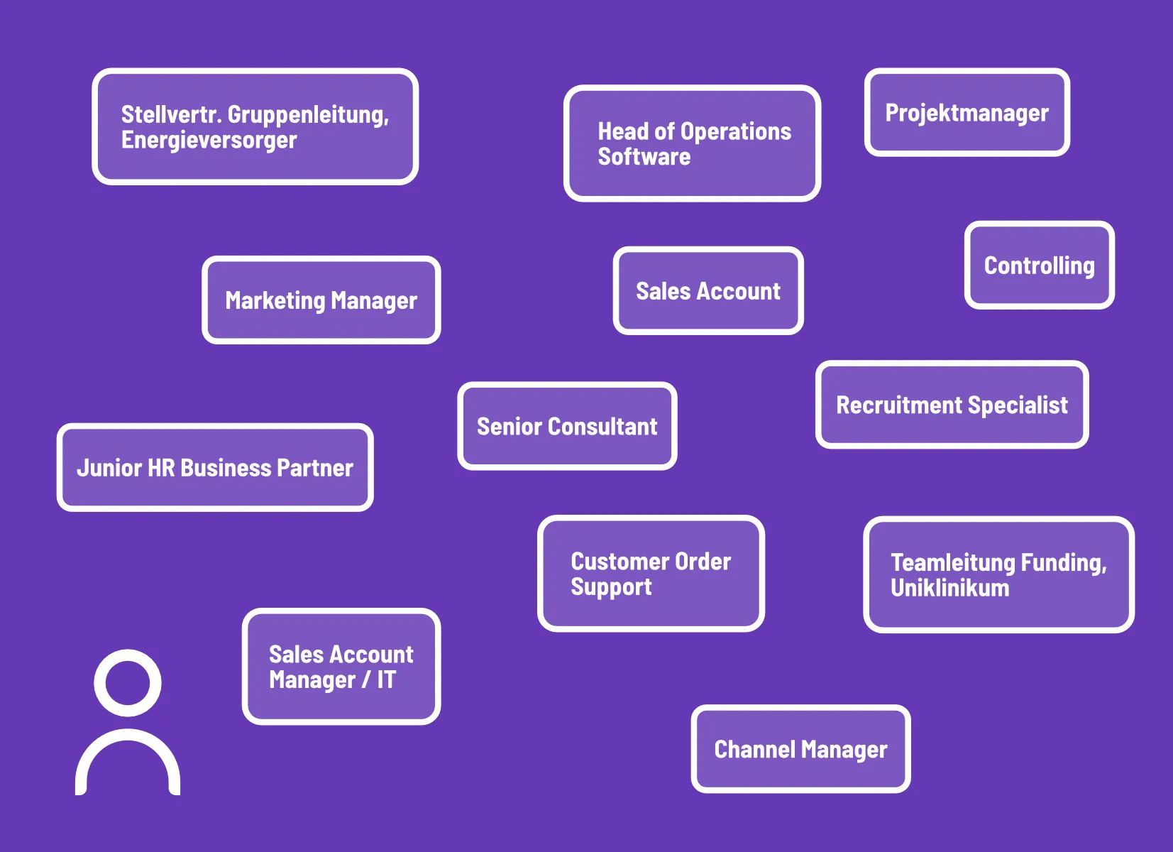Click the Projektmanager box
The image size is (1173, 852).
pyautogui.click(x=967, y=112)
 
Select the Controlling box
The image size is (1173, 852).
pyautogui.click(x=1040, y=265)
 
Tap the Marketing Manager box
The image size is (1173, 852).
pyautogui.click(x=321, y=300)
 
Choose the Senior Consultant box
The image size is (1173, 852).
pyautogui.click(x=567, y=426)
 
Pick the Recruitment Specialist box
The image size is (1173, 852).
pyautogui.click(x=952, y=405)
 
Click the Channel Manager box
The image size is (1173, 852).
pyautogui.click(x=800, y=749)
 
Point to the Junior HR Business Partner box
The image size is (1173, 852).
pyautogui.click(x=215, y=467)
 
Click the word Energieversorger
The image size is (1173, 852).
pyautogui.click(x=209, y=141)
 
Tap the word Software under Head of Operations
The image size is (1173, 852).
pyautogui.click(x=644, y=157)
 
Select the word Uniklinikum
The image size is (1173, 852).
pyautogui.click(x=950, y=588)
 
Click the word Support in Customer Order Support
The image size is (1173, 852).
pyautogui.click(x=611, y=587)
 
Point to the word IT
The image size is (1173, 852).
pyautogui.click(x=387, y=679)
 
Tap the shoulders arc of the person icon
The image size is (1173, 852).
pyautogui.click(x=128, y=733)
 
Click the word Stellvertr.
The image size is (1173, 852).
pyautogui.click(x=171, y=114)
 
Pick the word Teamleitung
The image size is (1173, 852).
pyautogui.click(x=953, y=563)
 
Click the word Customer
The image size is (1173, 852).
pyautogui.click(x=619, y=561)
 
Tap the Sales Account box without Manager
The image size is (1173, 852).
pyautogui.click(x=708, y=291)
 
